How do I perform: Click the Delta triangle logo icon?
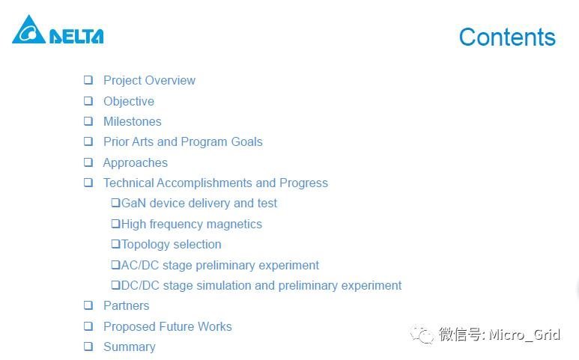[x=28, y=30]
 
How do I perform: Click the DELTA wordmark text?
[x=76, y=36]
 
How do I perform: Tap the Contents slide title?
[x=507, y=37]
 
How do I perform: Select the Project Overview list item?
[x=149, y=81]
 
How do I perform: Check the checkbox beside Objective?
[x=88, y=101]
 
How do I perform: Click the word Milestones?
[x=133, y=121]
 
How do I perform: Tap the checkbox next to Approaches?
[x=88, y=162]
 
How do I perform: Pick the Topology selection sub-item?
[x=171, y=245]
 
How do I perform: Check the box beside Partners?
[x=88, y=305]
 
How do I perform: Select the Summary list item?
[x=130, y=347]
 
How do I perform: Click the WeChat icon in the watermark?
[x=422, y=335]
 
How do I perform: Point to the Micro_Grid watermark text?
[x=524, y=335]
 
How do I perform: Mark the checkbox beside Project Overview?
[x=88, y=80]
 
